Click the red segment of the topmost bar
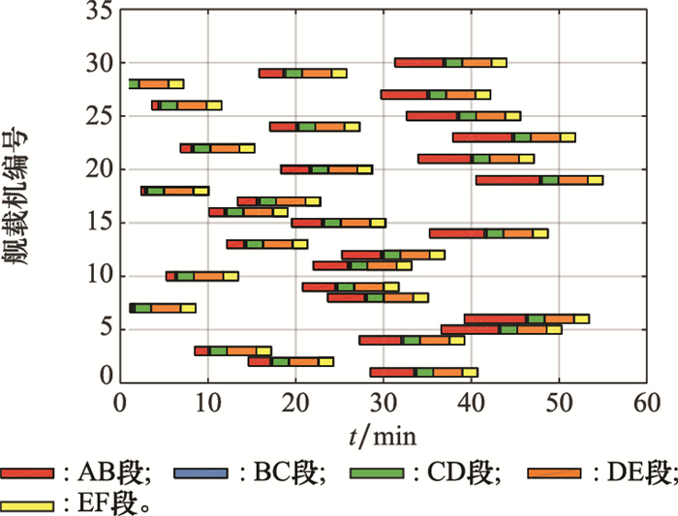click(x=418, y=63)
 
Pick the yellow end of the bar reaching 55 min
click(x=595, y=180)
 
